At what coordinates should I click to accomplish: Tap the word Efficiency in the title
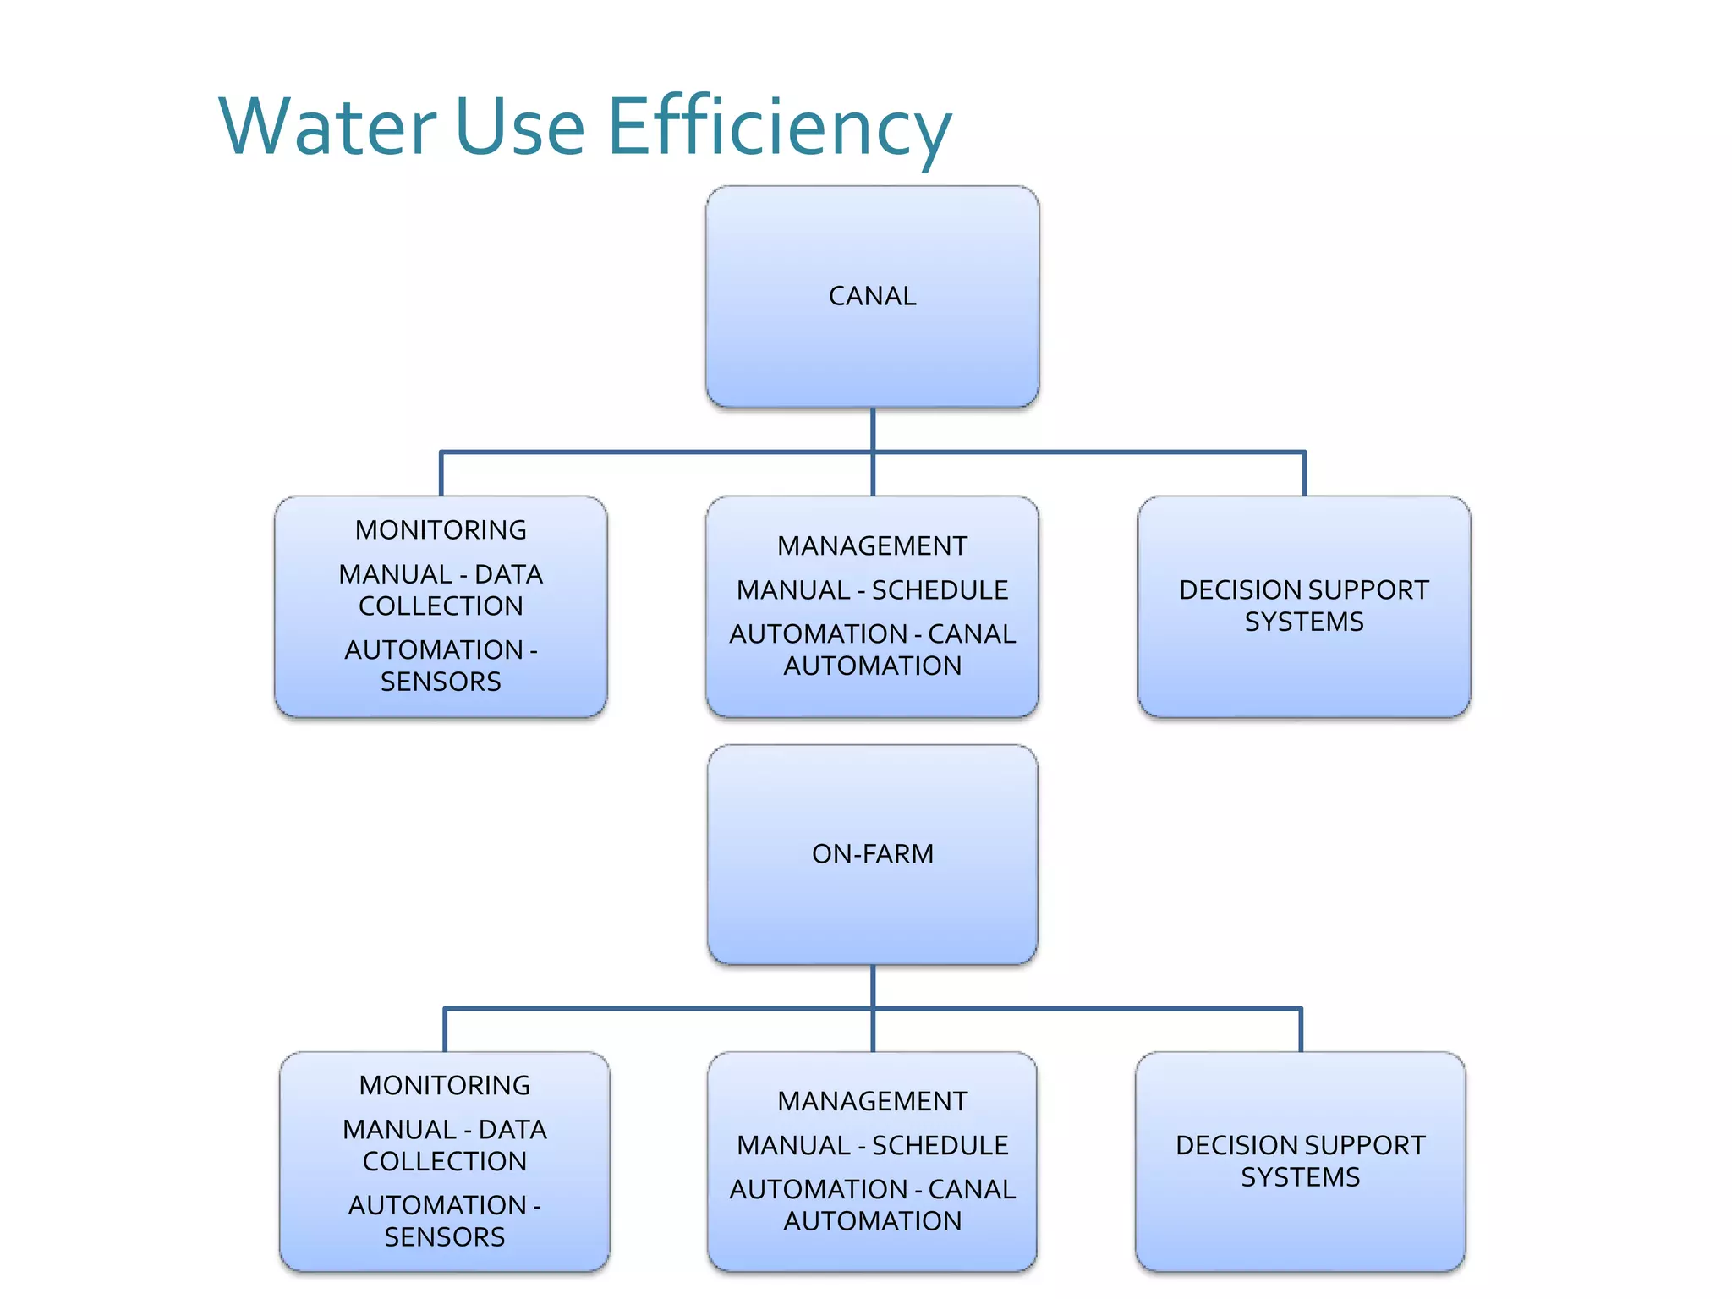(779, 127)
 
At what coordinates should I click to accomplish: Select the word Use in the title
(520, 127)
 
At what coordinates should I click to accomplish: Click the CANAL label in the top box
(872, 296)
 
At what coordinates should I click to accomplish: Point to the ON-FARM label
(872, 853)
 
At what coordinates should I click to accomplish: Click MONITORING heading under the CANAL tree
(441, 529)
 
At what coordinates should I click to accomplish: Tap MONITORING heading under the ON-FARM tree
(444, 1085)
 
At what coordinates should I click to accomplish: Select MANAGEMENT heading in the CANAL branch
(872, 545)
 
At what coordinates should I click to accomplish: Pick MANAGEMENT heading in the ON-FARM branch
(872, 1101)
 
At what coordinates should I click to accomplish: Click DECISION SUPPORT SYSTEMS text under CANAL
(1303, 606)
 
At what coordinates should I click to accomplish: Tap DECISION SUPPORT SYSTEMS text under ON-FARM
(1300, 1161)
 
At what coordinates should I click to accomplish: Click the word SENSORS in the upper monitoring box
(441, 682)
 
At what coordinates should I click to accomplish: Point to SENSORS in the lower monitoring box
(444, 1237)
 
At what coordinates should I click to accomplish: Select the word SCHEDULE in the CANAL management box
(940, 589)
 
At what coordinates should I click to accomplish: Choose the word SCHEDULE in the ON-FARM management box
(940, 1145)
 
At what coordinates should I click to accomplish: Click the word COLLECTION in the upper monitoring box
(441, 606)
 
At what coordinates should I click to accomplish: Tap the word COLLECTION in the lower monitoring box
(444, 1161)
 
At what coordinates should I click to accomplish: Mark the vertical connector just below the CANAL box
(872, 430)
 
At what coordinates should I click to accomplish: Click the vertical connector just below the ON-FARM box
(872, 986)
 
